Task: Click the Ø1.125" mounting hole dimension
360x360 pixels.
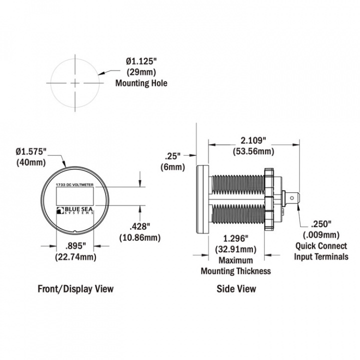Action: [x=141, y=61]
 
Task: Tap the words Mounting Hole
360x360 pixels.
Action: [x=141, y=83]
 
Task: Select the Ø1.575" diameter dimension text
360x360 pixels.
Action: [x=31, y=151]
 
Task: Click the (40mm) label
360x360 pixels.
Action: [x=31, y=162]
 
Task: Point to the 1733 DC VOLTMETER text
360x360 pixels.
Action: [x=75, y=184]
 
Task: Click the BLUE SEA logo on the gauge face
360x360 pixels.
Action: [x=75, y=210]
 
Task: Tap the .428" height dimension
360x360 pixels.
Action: [x=140, y=226]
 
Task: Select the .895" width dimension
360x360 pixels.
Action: [x=75, y=246]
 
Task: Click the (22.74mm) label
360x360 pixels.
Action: [x=75, y=257]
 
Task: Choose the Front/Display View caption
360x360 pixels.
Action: [x=75, y=289]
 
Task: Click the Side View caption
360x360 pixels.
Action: [x=236, y=289]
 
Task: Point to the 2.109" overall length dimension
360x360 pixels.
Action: [x=253, y=140]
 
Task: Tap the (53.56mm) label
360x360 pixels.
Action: [x=253, y=151]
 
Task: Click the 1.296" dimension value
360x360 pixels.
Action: [x=236, y=238]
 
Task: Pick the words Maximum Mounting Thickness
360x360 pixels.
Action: [x=236, y=265]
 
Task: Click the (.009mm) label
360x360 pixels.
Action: [x=321, y=235]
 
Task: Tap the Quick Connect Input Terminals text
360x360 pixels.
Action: [x=321, y=251]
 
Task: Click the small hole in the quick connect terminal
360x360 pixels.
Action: [x=292, y=198]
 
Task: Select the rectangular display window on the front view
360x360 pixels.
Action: [x=75, y=196]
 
